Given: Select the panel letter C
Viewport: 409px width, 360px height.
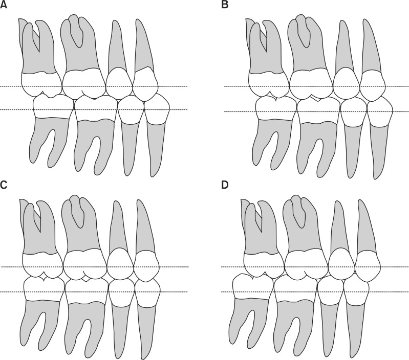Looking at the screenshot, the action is [x=5, y=185].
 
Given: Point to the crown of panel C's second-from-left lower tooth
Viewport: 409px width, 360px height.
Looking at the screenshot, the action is [x=86, y=289].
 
